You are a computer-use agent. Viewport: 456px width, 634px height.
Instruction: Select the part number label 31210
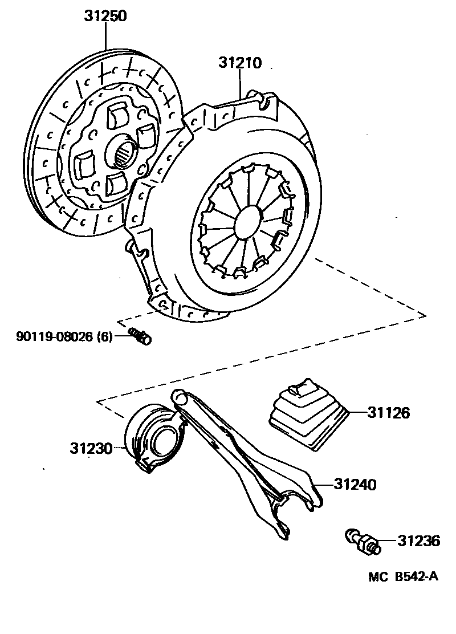coord(239,63)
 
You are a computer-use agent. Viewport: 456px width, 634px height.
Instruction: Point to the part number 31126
coord(389,413)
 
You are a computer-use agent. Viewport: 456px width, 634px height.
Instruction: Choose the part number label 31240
coord(355,485)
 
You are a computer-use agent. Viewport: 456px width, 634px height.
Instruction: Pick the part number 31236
coord(419,540)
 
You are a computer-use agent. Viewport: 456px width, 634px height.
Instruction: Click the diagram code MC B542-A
coord(402,576)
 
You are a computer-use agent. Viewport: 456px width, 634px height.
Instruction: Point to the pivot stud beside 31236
coord(361,540)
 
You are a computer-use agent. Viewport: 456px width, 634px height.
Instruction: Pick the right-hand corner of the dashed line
coord(425,314)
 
